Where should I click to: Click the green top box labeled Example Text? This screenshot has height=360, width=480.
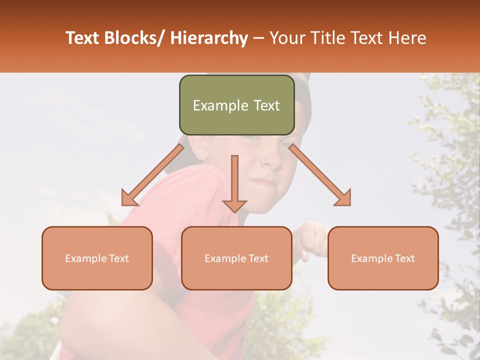click(x=236, y=105)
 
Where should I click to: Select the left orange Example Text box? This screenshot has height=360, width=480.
click(x=97, y=258)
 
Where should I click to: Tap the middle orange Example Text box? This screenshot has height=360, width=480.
click(x=236, y=258)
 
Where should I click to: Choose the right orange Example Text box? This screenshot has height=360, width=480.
click(x=383, y=258)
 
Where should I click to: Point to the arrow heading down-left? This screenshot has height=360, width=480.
click(x=150, y=177)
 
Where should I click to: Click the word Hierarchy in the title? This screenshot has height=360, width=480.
click(x=209, y=38)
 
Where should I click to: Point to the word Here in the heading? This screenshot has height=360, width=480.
click(x=408, y=38)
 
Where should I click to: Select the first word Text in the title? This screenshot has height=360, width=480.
click(x=83, y=38)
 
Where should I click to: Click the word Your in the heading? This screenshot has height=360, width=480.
click(x=286, y=38)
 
